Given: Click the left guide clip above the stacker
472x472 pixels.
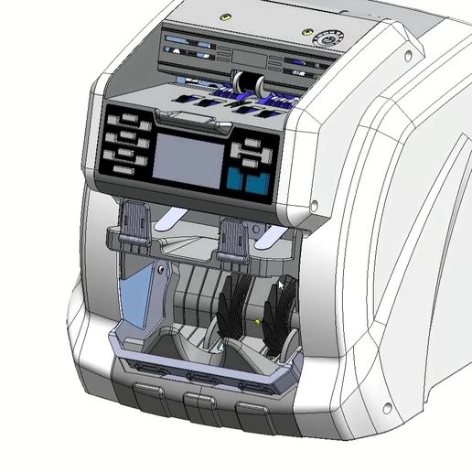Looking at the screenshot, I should tap(135, 224).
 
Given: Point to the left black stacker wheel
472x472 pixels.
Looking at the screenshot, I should tap(235, 310).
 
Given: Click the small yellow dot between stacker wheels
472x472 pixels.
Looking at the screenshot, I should tap(260, 322).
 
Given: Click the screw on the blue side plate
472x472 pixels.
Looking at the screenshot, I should tap(160, 270).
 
